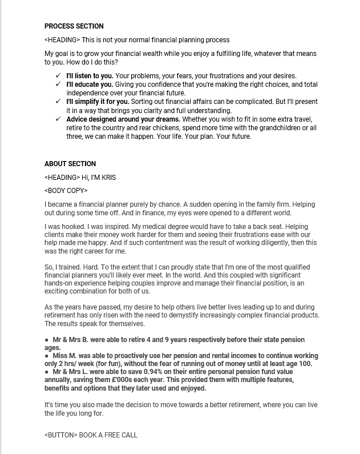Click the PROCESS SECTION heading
[x=74, y=26]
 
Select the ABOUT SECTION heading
[x=70, y=164]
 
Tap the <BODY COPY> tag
[x=66, y=191]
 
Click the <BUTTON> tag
[x=60, y=435]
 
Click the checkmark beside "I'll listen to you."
[x=58, y=75]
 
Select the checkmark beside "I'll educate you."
[x=58, y=85]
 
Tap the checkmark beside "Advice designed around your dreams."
[x=58, y=119]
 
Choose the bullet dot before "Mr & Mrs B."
[x=46, y=340]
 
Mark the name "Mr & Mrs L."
[x=71, y=372]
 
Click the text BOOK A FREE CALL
[x=108, y=435]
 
